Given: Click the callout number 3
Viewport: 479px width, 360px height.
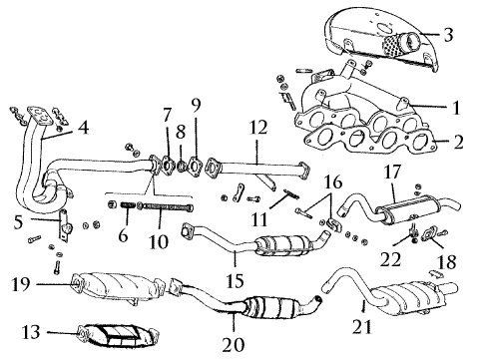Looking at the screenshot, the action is coord(448,35).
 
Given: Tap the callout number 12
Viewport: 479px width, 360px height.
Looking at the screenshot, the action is coord(257,128).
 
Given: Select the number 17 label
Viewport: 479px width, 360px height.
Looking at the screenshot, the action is coord(392,173).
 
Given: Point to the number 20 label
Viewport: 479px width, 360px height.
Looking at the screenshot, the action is coord(234,345).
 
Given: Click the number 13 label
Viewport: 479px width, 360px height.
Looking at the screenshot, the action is coord(31,332).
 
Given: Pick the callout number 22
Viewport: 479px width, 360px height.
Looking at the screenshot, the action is coord(390,259).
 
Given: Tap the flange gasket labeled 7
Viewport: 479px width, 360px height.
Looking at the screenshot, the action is coord(167,166).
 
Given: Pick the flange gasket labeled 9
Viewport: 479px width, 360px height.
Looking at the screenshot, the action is coord(195,166).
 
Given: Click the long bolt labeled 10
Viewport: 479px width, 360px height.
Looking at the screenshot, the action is coord(166,206).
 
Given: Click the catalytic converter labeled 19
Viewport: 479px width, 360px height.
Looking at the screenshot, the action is coord(117,286).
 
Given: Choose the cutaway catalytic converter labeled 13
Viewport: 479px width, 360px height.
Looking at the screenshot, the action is coord(117,335).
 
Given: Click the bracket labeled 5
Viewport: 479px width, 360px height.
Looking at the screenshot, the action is coord(65,225).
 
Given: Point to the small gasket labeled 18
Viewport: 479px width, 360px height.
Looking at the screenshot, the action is coord(431,232).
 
